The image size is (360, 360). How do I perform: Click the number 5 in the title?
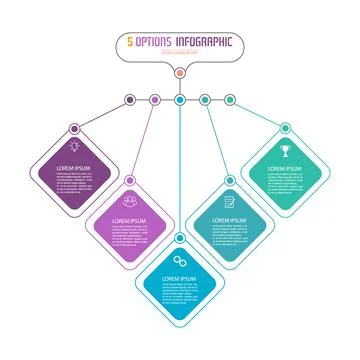pyautogui.click(x=131, y=43)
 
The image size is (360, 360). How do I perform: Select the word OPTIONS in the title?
pyautogui.click(x=156, y=43)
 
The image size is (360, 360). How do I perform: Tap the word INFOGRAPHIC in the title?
pyautogui.click(x=205, y=43)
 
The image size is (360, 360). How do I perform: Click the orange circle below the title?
pyautogui.click(x=179, y=73)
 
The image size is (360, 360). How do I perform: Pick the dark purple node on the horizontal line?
pyautogui.click(x=130, y=99)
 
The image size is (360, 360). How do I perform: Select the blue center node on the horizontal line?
pyautogui.click(x=179, y=99)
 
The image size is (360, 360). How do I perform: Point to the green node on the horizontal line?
pyautogui.click(x=229, y=99)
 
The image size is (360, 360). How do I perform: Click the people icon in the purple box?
pyautogui.click(x=129, y=199)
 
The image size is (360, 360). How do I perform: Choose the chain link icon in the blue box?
pyautogui.click(x=180, y=259)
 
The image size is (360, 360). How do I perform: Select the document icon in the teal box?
pyautogui.click(x=230, y=199)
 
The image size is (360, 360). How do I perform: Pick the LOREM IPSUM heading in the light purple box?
pyautogui.click(x=128, y=217)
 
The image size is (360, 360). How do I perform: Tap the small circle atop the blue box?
pyautogui.click(x=180, y=240)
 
